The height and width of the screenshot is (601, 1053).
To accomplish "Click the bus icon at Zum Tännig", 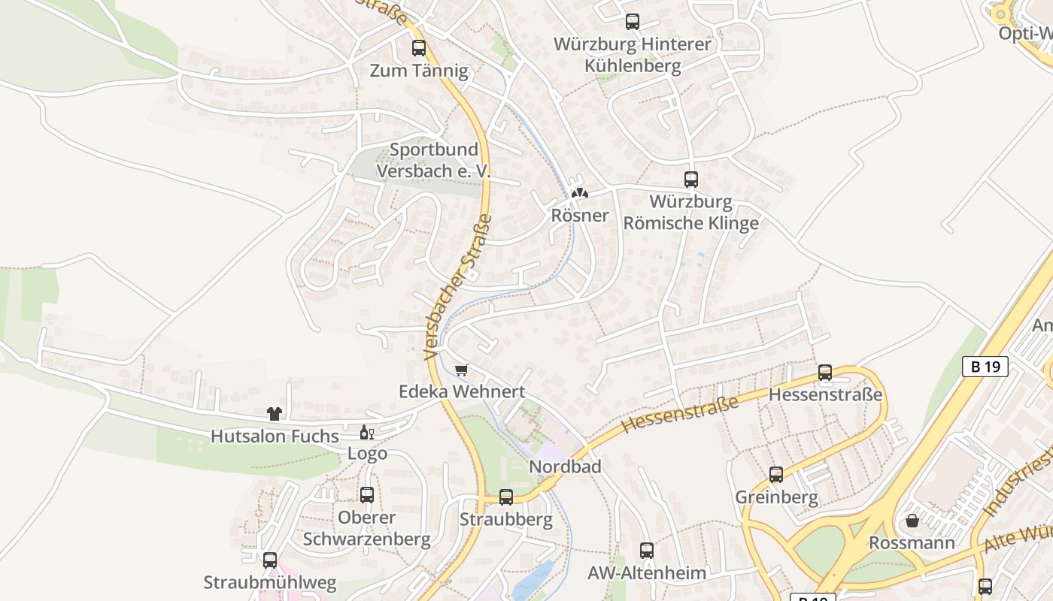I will pyautogui.click(x=419, y=48).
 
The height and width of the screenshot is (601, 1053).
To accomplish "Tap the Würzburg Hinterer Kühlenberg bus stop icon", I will pyautogui.click(x=633, y=22).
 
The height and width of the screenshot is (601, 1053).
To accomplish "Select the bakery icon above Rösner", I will pyautogui.click(x=579, y=193).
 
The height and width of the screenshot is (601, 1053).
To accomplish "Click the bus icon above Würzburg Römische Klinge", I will pyautogui.click(x=691, y=180).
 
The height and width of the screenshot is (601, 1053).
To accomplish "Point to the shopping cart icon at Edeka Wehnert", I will pyautogui.click(x=462, y=370).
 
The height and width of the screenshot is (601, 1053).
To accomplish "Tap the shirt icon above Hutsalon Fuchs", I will pyautogui.click(x=275, y=414).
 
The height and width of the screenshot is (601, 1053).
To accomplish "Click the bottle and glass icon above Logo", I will pyautogui.click(x=367, y=432).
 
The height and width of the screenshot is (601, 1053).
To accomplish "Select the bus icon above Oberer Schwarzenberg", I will pyautogui.click(x=367, y=495).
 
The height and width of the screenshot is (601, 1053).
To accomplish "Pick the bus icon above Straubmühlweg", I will pyautogui.click(x=270, y=560).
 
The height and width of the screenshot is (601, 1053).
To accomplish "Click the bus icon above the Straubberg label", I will pyautogui.click(x=506, y=497).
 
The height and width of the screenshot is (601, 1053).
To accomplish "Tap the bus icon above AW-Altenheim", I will pyautogui.click(x=647, y=551).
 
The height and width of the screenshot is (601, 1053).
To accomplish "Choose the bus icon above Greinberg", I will pyautogui.click(x=776, y=475).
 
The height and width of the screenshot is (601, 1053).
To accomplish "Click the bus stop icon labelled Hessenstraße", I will pyautogui.click(x=825, y=373).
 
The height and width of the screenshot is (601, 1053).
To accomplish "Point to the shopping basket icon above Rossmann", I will pyautogui.click(x=912, y=521).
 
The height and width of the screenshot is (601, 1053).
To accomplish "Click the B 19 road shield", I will pyautogui.click(x=985, y=367).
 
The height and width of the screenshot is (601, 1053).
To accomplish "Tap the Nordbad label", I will pyautogui.click(x=566, y=467).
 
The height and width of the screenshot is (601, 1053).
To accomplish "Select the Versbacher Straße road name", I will pyautogui.click(x=458, y=287).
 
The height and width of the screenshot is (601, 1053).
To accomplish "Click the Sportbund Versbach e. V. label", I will pyautogui.click(x=433, y=160).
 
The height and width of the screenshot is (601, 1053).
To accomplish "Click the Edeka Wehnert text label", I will pyautogui.click(x=462, y=391).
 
